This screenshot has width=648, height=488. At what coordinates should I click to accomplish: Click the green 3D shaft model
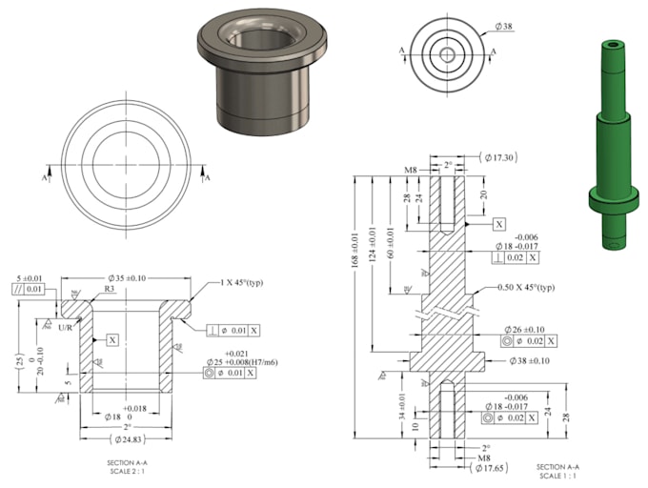[x=612, y=143]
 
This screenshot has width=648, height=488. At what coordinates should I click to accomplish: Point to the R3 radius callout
[x=111, y=288]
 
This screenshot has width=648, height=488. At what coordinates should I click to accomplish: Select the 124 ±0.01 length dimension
[x=374, y=247]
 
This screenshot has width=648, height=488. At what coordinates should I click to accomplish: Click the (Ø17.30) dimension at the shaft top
[x=499, y=156]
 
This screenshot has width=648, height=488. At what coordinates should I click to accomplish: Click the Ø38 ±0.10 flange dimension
[x=526, y=361]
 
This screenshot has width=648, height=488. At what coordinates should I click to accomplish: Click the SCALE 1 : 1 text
[x=556, y=476]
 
